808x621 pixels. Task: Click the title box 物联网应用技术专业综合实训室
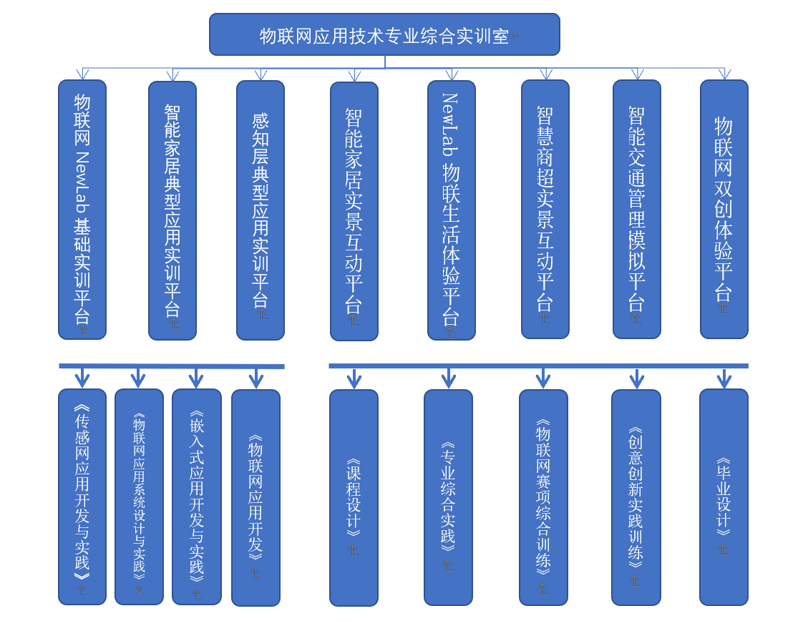click(384, 34)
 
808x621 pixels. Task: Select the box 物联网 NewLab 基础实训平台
click(82, 209)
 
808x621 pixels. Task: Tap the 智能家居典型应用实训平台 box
click(172, 210)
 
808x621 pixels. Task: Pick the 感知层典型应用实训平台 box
click(261, 210)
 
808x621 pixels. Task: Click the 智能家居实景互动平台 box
click(354, 211)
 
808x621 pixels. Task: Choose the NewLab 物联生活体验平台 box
click(452, 210)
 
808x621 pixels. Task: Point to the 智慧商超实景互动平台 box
click(545, 209)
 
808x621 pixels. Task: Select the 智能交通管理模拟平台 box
click(637, 209)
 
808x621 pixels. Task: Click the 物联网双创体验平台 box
click(724, 209)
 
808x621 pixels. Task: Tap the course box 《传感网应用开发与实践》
click(82, 497)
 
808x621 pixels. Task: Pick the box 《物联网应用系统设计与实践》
click(139, 497)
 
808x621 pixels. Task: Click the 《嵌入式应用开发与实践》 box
click(197, 497)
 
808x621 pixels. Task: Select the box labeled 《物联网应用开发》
click(255, 497)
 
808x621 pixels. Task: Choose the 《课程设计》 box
click(354, 497)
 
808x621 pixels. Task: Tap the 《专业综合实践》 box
click(448, 497)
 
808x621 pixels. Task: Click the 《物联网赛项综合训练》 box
click(543, 497)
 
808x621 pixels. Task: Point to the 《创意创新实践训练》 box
click(636, 497)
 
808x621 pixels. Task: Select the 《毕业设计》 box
click(724, 497)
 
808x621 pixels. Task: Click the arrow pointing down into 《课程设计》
click(354, 378)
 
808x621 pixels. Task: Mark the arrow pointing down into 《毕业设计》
click(724, 378)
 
